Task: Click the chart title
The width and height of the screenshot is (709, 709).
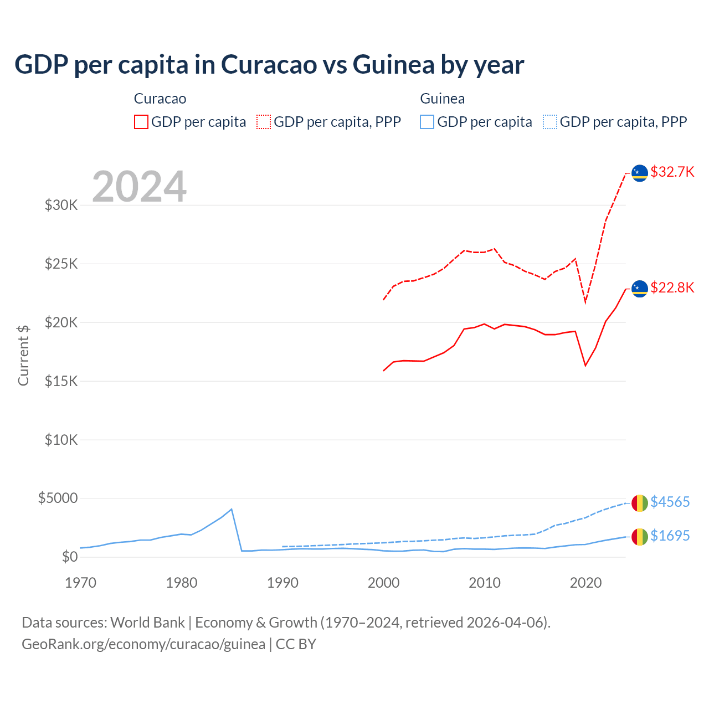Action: tap(269, 65)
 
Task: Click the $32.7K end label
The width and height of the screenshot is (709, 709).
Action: tap(672, 172)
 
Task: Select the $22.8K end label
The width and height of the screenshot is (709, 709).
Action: tap(672, 287)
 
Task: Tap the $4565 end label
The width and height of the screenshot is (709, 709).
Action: tap(670, 502)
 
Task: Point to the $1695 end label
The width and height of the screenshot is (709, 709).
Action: tap(670, 536)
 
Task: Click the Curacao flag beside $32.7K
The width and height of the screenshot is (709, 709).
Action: tap(640, 173)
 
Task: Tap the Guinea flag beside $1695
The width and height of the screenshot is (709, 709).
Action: tap(640, 536)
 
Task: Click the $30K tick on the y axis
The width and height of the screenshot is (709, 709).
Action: tap(61, 205)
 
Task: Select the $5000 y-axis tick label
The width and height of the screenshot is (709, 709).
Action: tap(58, 498)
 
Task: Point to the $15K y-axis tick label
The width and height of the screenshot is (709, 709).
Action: tap(61, 381)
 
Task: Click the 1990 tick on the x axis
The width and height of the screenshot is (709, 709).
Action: tap(282, 583)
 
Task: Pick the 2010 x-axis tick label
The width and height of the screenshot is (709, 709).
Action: tap(485, 583)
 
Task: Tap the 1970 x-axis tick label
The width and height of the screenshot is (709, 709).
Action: tap(81, 583)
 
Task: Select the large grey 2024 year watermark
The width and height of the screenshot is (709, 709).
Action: tap(139, 187)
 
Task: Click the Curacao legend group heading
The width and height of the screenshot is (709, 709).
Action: tap(160, 99)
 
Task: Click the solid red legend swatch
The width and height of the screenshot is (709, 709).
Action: tap(141, 122)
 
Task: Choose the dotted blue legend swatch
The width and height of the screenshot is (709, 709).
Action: tap(549, 122)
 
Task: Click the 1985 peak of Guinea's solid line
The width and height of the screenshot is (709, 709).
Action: tap(232, 509)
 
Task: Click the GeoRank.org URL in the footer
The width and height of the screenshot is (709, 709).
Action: tap(143, 644)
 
